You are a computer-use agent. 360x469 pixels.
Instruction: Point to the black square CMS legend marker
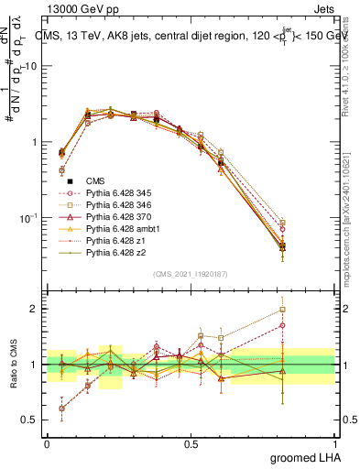[x=70, y=180]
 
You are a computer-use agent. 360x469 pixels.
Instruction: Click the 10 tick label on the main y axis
[x=27, y=67]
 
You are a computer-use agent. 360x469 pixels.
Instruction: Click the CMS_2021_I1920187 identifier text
[x=191, y=273]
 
